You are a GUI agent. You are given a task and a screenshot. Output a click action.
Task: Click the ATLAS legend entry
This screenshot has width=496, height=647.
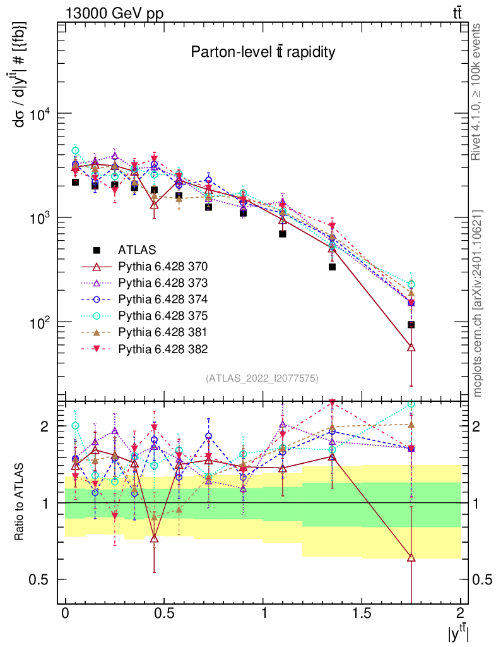136,249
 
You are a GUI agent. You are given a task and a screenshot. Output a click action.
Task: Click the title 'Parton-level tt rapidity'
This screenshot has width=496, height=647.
263,52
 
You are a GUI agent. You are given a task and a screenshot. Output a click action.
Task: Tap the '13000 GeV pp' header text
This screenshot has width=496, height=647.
114,13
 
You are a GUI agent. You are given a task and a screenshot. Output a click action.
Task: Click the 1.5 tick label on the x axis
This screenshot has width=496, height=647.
362,613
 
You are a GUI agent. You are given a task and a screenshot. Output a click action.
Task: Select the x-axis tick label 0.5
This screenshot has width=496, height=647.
163,613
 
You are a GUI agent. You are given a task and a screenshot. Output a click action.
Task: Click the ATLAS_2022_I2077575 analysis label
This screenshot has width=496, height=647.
262,378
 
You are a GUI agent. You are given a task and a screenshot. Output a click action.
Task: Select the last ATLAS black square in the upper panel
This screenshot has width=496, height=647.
411,325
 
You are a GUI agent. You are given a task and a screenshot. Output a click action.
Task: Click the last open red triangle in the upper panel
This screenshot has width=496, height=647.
411,348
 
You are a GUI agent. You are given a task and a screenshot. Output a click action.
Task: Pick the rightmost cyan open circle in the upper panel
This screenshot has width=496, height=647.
411,284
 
